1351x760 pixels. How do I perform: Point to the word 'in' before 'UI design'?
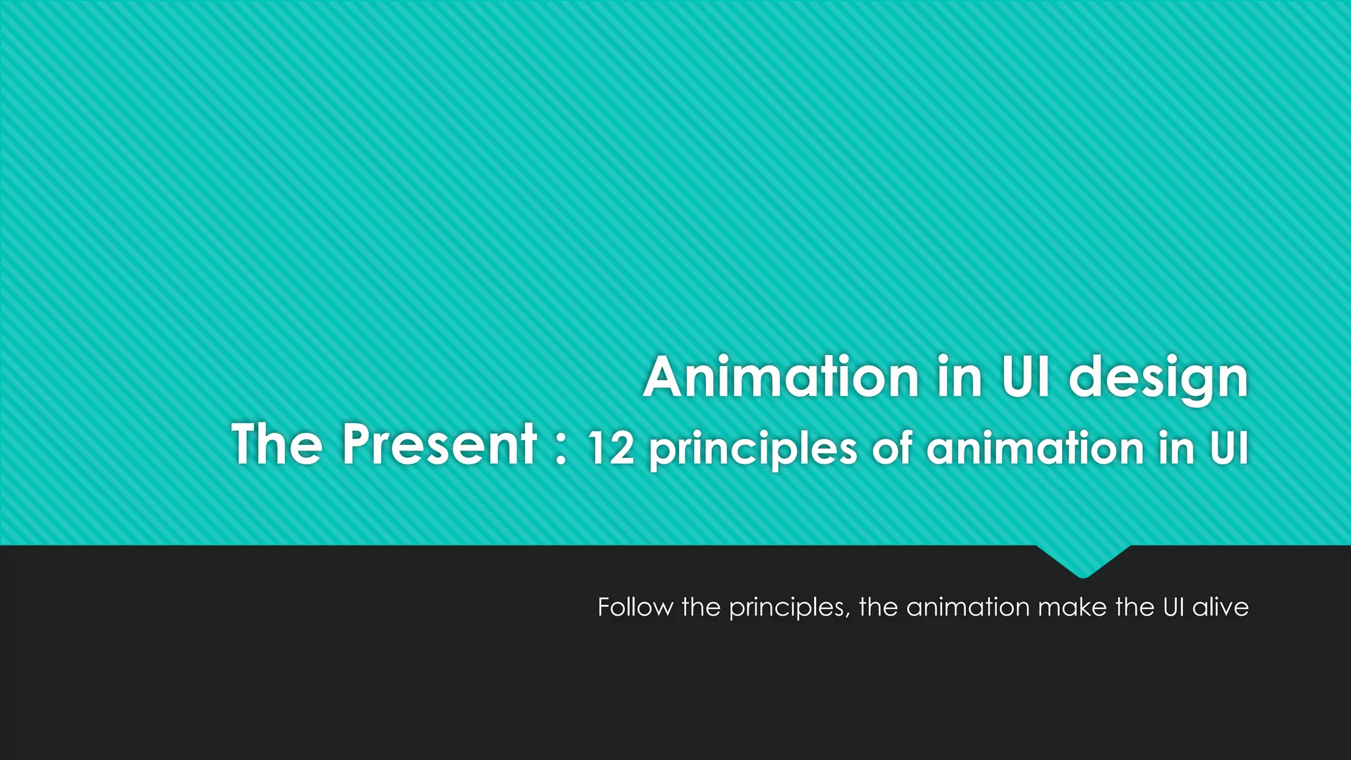coord(960,377)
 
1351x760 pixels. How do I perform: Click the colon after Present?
coord(561,449)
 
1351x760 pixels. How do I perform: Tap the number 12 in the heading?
coord(611,449)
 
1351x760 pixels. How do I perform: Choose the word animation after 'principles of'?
coord(1034,449)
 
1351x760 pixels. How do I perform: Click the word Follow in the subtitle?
coord(635,607)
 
